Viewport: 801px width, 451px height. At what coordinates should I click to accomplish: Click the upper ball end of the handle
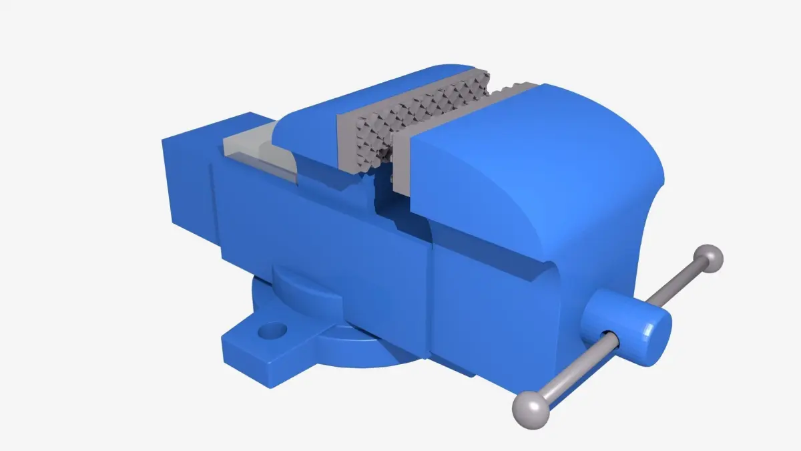pos(708,258)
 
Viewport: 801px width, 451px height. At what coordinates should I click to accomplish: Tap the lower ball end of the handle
pos(531,409)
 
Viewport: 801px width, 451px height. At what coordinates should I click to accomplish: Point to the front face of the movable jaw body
pos(494,314)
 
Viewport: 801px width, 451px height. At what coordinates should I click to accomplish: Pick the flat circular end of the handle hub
pos(654,334)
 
